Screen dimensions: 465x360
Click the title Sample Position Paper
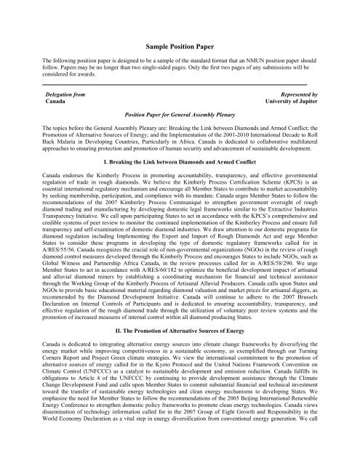[180, 44]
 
